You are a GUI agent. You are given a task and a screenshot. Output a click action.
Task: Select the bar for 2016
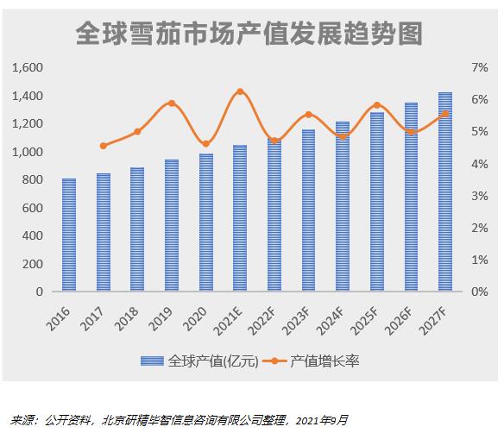coord(69,235)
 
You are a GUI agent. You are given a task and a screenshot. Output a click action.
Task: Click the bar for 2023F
coord(308,210)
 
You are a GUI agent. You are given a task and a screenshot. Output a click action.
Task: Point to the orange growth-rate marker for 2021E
coord(240,91)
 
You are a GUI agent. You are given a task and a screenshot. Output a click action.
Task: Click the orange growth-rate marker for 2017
coord(104,146)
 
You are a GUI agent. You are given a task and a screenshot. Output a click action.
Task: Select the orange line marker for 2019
coord(172,104)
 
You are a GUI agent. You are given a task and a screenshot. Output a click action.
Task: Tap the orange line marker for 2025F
coord(376,105)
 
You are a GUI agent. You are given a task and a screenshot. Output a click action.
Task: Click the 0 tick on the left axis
coord(40,292)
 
